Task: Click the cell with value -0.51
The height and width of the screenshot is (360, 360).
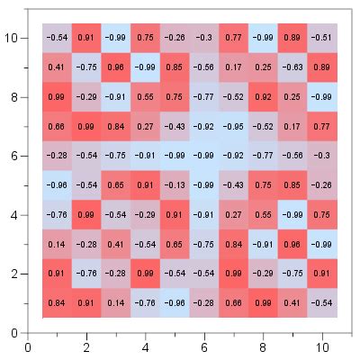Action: pyautogui.click(x=321, y=37)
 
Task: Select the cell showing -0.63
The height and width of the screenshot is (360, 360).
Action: pyautogui.click(x=292, y=67)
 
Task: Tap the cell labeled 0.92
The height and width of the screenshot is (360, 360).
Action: pyautogui.click(x=263, y=96)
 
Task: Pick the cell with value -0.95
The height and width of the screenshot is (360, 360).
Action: pyautogui.click(x=233, y=126)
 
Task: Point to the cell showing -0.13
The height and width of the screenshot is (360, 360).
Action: pyautogui.click(x=175, y=185)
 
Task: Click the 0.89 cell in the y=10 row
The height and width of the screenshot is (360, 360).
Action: pyautogui.click(x=292, y=37)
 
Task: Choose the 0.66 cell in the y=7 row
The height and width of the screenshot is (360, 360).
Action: pyautogui.click(x=58, y=126)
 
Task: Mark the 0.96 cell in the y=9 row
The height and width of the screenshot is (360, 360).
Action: pyautogui.click(x=116, y=67)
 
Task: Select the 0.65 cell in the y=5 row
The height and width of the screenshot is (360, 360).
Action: pyautogui.click(x=116, y=185)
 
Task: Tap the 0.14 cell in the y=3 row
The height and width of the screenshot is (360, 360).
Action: pyautogui.click(x=58, y=245)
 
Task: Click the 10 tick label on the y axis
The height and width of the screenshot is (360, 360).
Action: pyautogui.click(x=11, y=37)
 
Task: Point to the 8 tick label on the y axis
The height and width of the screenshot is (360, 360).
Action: pyautogui.click(x=13, y=96)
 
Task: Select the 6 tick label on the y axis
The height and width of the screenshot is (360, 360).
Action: pyautogui.click(x=13, y=156)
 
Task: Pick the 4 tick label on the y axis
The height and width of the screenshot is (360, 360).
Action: pyautogui.click(x=13, y=215)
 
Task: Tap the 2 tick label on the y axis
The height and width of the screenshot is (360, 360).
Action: pyautogui.click(x=13, y=274)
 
